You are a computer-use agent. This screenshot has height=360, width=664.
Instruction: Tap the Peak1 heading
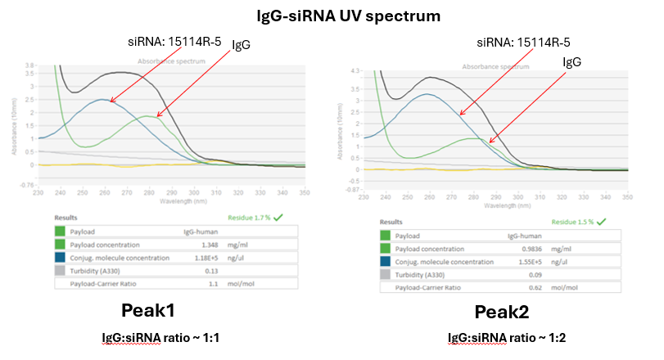point(151,310)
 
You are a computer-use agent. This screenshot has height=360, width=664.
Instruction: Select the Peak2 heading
point(502,313)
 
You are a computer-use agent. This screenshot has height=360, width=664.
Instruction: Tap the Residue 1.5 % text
point(576,221)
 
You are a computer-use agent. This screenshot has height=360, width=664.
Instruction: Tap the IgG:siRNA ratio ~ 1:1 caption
point(151,337)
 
